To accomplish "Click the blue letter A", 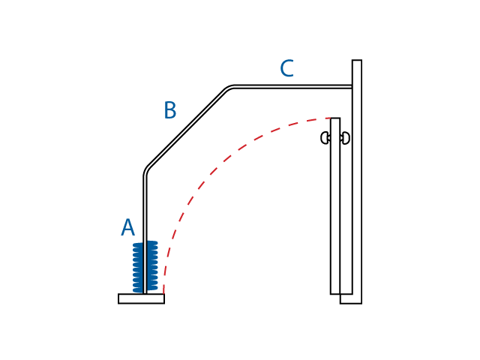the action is [x=127, y=227].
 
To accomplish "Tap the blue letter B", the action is [x=170, y=110].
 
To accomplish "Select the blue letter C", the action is [x=286, y=68].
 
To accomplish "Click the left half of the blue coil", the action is [x=138, y=268].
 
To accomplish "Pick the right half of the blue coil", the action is [x=152, y=265].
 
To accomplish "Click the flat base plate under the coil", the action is [x=142, y=298].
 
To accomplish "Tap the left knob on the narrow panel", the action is [x=325, y=138].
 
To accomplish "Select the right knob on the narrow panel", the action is [x=345, y=138].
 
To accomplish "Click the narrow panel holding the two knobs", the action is [x=335, y=206].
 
